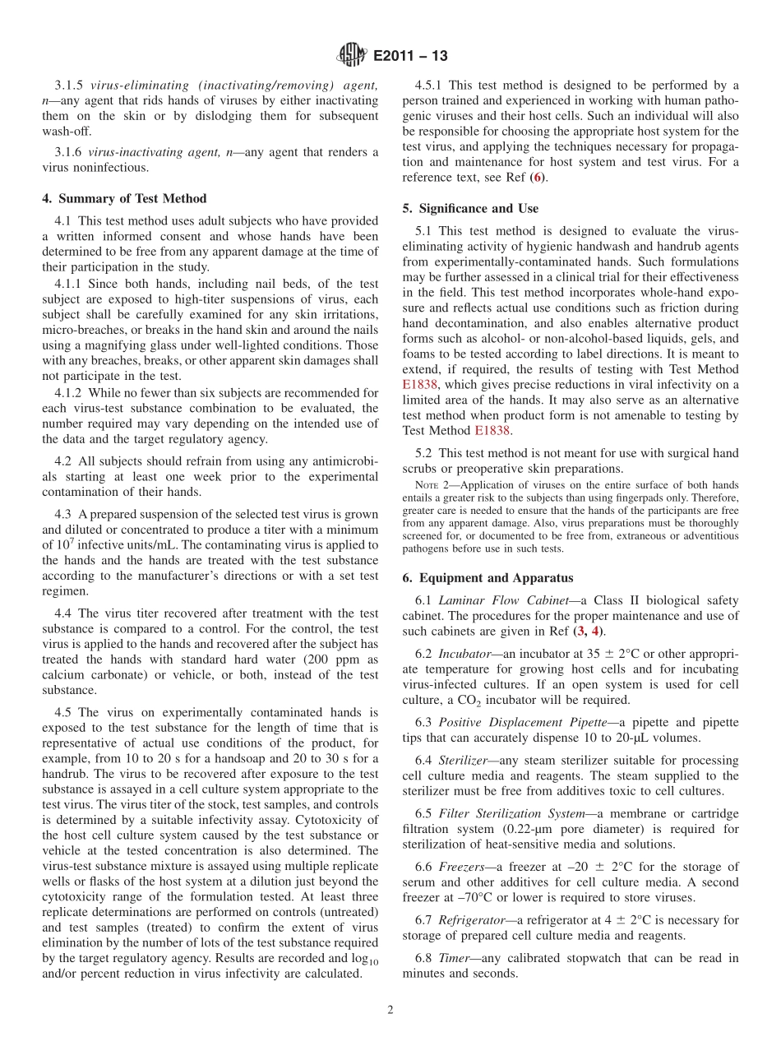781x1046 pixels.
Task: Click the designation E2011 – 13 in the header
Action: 410,57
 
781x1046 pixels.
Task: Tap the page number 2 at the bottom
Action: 390,1011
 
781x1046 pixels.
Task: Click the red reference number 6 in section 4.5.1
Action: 537,178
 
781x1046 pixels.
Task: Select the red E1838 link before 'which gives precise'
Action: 420,384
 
